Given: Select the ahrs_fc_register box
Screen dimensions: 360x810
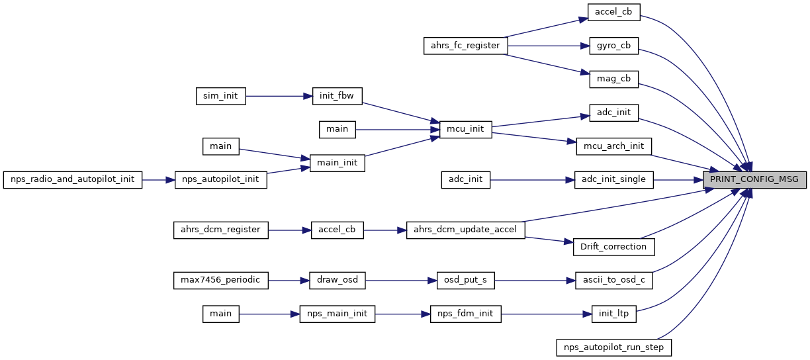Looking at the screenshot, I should (x=466, y=46).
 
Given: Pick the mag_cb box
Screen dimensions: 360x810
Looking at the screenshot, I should (x=613, y=79).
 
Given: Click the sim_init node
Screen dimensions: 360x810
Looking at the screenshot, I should (x=221, y=96).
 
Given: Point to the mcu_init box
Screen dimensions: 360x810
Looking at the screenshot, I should (x=466, y=129).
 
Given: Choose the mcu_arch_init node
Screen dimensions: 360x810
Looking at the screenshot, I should (x=613, y=146).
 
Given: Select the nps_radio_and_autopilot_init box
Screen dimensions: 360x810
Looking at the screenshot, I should (x=73, y=179).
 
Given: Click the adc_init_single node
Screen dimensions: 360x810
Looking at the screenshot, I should (x=613, y=179).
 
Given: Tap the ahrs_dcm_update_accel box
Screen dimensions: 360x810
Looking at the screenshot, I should (x=466, y=230).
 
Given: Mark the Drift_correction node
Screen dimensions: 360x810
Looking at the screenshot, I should (x=613, y=246).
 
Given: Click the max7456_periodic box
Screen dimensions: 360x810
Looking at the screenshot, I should (x=221, y=280).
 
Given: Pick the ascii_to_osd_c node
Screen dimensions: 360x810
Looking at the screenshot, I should (x=613, y=280).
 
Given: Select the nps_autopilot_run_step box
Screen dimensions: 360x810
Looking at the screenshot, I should (x=613, y=346).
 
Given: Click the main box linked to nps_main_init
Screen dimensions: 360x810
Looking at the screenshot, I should (x=221, y=313).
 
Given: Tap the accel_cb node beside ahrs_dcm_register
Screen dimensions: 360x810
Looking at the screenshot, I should (x=337, y=230).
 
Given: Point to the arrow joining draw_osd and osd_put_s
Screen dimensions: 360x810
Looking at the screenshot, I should (x=400, y=280).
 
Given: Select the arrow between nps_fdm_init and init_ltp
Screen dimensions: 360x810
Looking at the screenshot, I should (x=545, y=313).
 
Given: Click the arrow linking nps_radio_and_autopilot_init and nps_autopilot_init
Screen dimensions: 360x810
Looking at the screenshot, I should (x=158, y=179).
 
